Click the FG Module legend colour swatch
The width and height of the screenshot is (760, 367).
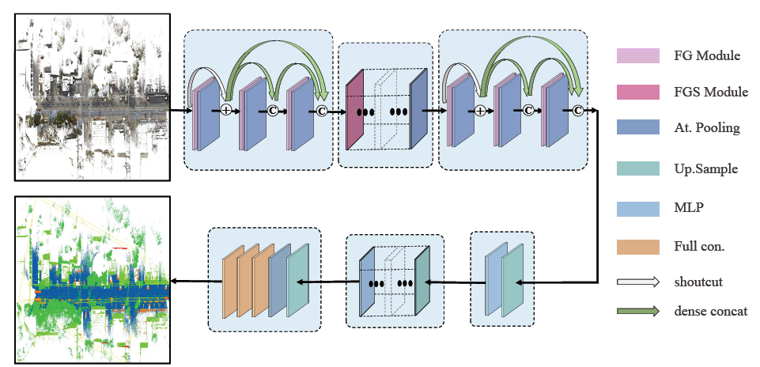(x=637, y=56)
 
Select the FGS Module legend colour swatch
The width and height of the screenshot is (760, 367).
(x=637, y=93)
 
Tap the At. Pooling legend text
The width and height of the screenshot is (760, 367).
(x=707, y=128)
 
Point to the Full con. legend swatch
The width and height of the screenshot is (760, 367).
(x=637, y=246)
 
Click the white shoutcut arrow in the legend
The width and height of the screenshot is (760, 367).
(x=637, y=280)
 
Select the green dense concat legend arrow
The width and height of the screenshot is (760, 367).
(x=637, y=311)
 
